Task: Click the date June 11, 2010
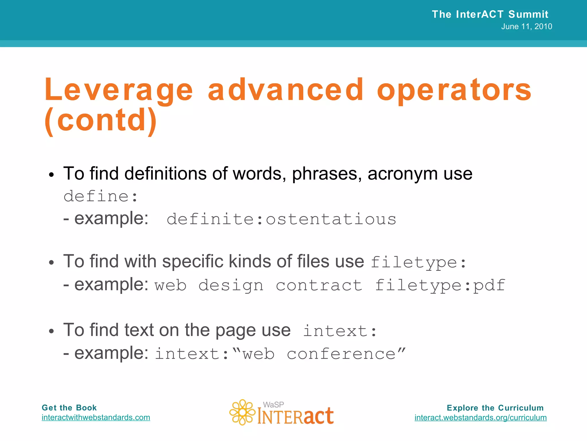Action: tap(527, 26)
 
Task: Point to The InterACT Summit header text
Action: tap(490, 14)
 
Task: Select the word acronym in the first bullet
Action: tap(402, 174)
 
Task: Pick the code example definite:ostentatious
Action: tap(281, 219)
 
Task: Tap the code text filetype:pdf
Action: tap(440, 285)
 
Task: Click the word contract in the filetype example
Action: tap(319, 285)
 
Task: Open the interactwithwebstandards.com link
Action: tap(96, 417)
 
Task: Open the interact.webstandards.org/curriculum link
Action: tap(480, 417)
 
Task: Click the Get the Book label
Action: tap(69, 408)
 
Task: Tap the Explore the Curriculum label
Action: tap(495, 408)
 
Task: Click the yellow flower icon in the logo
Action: tap(242, 412)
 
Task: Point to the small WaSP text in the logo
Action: tap(273, 405)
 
